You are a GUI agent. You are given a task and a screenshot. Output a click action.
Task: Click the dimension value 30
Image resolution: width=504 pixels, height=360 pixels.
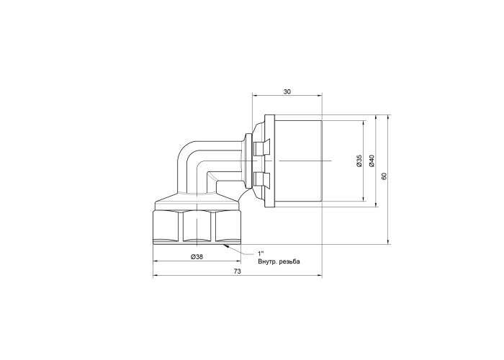click(287, 91)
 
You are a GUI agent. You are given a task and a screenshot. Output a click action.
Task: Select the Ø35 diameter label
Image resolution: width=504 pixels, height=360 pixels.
click(359, 161)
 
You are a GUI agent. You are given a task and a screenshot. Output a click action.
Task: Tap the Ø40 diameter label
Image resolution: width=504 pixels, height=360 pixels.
click(372, 161)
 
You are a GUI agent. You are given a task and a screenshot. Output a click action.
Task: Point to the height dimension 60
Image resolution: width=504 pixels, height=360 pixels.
click(384, 176)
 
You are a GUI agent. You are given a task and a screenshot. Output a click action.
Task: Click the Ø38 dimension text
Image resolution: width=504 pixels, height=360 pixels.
click(197, 257)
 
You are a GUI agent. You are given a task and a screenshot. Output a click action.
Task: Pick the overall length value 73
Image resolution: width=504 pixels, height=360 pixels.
click(237, 271)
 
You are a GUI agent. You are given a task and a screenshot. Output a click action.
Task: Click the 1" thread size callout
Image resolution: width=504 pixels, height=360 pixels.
click(261, 253)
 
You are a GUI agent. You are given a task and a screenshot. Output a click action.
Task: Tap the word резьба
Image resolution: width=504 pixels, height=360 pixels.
click(289, 262)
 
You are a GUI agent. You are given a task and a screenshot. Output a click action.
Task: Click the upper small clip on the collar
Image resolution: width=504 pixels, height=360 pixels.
click(261, 148)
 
